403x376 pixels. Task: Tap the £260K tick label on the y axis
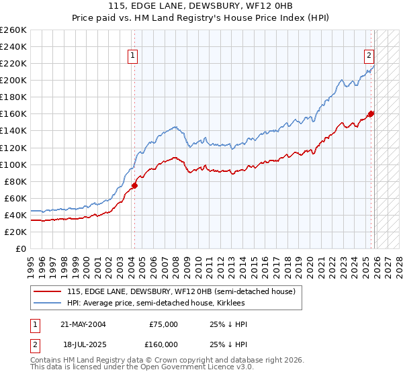click(x=13, y=30)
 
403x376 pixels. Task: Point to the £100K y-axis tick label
click(x=13, y=164)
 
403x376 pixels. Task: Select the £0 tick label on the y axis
click(x=20, y=248)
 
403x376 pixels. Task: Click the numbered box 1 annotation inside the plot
click(x=133, y=56)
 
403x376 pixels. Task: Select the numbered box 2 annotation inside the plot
click(x=369, y=56)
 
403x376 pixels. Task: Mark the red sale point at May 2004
click(x=134, y=185)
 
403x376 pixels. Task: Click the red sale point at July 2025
click(x=371, y=113)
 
